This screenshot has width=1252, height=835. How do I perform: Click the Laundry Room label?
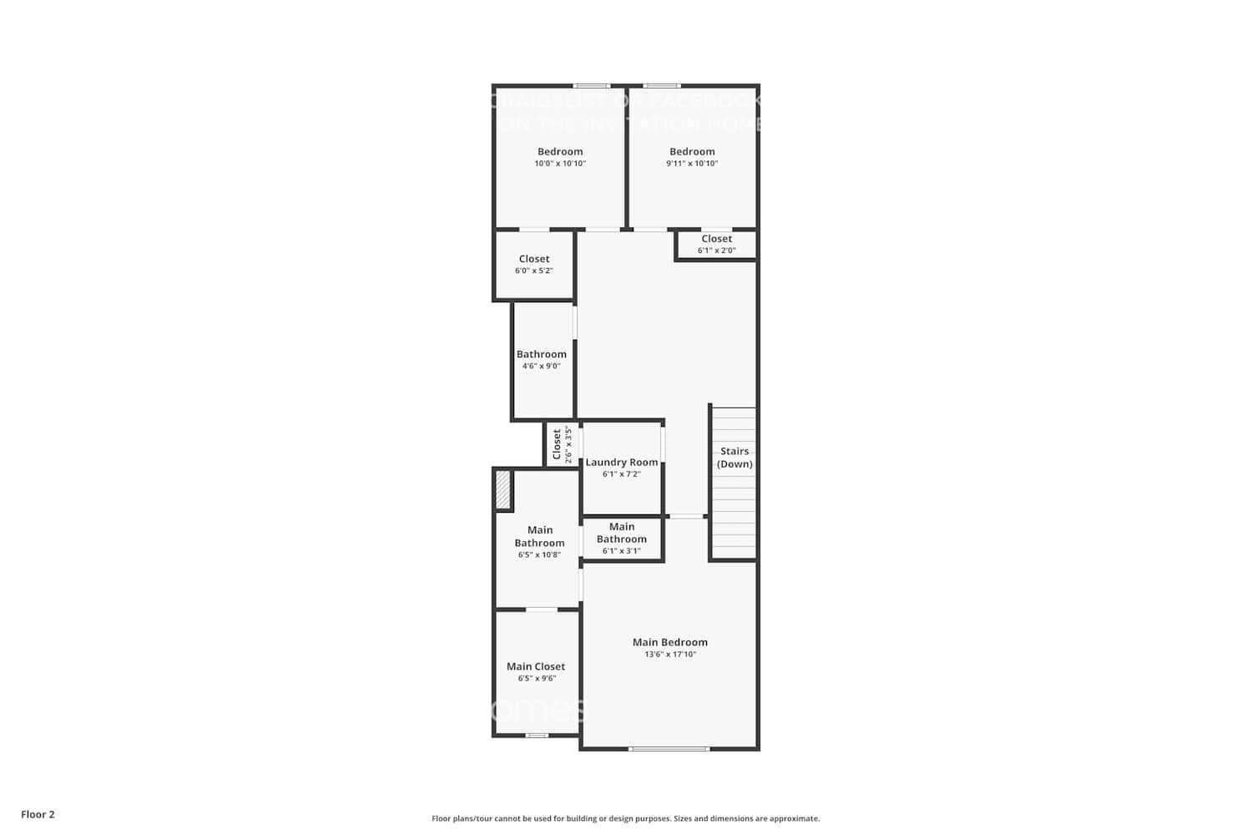[x=622, y=462]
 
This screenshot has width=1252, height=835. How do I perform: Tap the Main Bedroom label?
[x=669, y=642]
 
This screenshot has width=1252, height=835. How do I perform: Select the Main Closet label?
[x=536, y=666]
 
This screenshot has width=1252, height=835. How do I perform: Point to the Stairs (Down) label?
[x=735, y=458]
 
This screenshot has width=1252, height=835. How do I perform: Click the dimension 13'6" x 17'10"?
[x=669, y=655]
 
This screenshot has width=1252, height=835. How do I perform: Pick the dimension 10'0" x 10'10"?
[x=560, y=164]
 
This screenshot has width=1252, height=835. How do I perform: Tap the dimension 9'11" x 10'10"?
[x=692, y=164]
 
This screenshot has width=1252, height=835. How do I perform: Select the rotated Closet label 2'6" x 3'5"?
[x=557, y=445]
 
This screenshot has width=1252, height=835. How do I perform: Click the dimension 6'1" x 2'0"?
[x=716, y=250]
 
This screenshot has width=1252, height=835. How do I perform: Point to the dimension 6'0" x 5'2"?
[x=534, y=271]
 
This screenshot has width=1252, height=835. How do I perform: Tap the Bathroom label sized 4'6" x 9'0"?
[x=541, y=354]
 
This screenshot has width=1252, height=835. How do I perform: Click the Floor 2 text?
[x=38, y=814]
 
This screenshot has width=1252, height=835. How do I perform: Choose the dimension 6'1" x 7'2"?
[x=622, y=474]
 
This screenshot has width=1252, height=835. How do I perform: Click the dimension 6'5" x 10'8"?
[x=539, y=554]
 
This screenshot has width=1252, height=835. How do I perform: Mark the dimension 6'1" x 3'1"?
[x=622, y=551]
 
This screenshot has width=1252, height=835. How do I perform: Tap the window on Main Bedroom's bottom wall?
[x=669, y=749]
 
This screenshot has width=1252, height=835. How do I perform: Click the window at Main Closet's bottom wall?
[x=537, y=736]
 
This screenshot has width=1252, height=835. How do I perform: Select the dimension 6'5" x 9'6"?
[x=536, y=679]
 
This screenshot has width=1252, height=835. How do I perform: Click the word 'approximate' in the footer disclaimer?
[x=795, y=819]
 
